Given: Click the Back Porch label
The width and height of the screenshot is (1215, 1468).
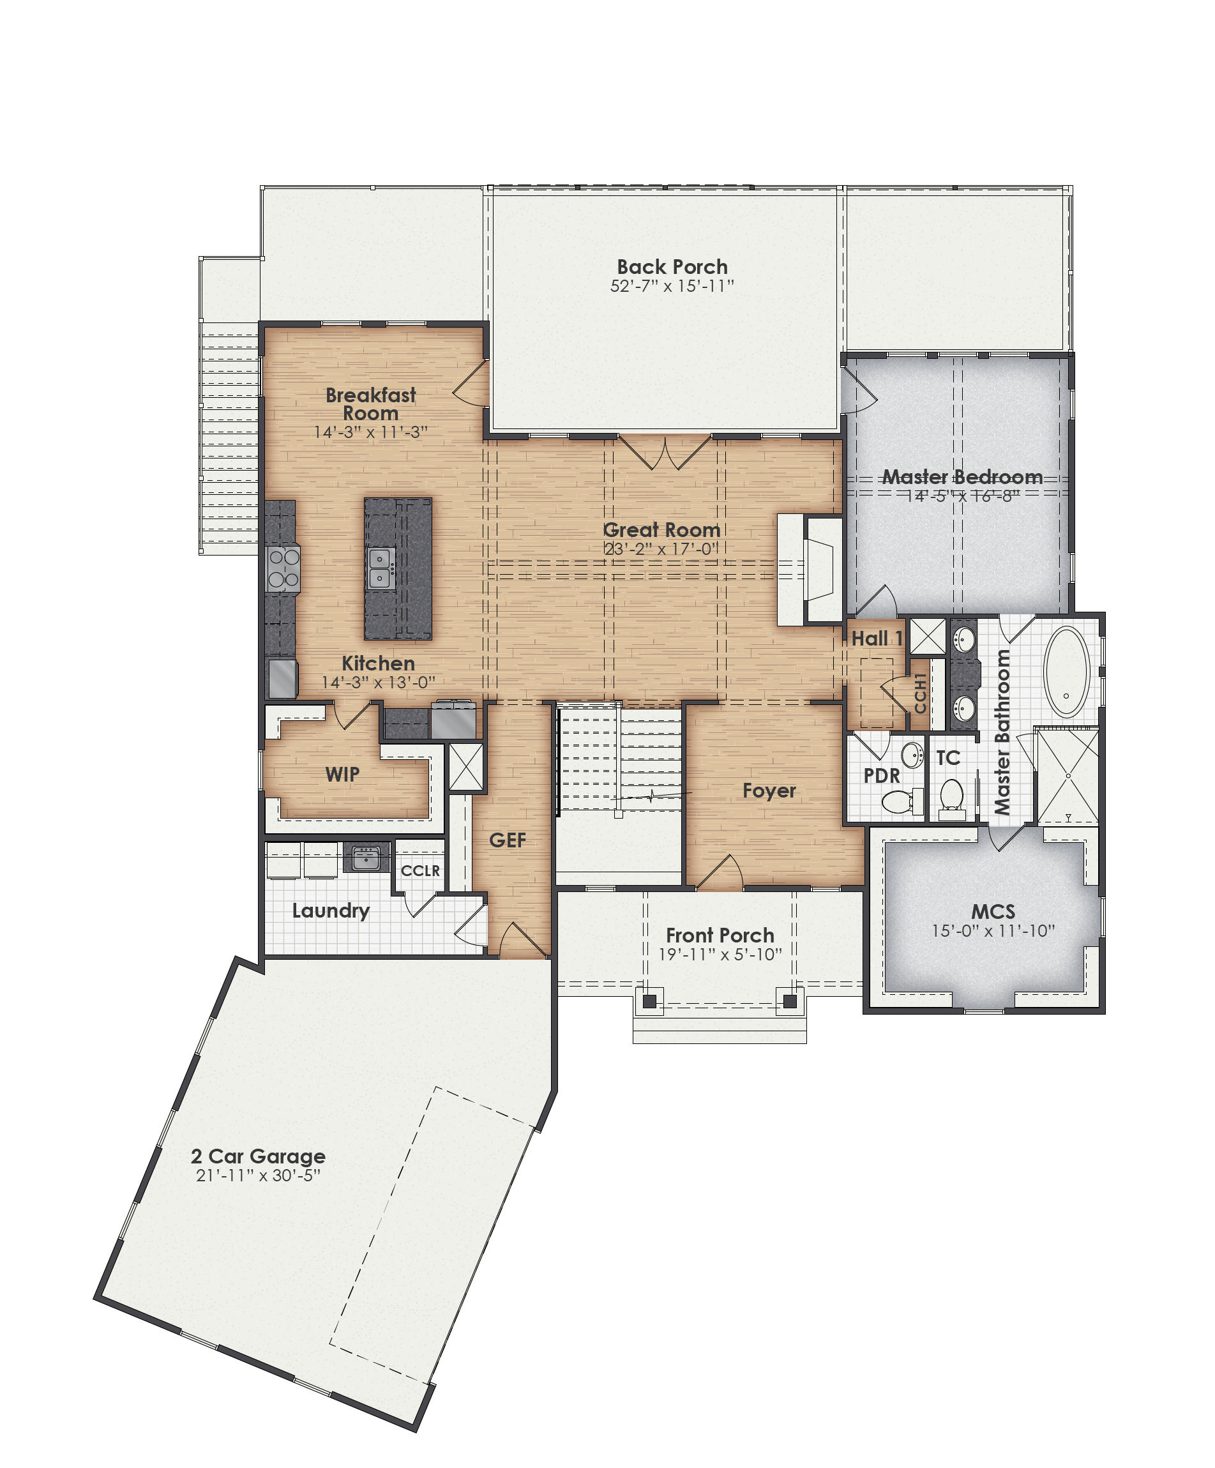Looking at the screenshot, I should [671, 266].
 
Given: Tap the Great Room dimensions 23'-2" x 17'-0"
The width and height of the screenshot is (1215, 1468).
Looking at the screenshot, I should [661, 549].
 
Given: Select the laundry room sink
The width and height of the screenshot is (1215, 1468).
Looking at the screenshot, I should [366, 857].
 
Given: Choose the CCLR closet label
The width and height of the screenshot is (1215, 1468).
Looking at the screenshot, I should [420, 870].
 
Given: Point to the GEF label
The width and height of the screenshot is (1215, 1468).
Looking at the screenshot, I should [507, 840].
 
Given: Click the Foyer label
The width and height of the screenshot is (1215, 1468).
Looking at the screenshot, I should [768, 791].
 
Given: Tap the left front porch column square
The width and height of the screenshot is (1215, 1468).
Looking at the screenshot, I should [649, 1001].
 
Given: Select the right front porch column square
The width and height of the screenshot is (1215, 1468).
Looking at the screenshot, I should [789, 1001].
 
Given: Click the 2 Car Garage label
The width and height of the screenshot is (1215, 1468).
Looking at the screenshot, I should [258, 1156].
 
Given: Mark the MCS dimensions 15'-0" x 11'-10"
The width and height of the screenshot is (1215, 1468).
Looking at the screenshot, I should [992, 931].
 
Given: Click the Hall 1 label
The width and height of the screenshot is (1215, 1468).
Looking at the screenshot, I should [877, 639].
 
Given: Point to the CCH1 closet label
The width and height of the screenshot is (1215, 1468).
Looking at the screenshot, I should [920, 693].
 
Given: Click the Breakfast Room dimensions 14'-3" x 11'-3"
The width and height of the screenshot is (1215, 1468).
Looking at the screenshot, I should [370, 432].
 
